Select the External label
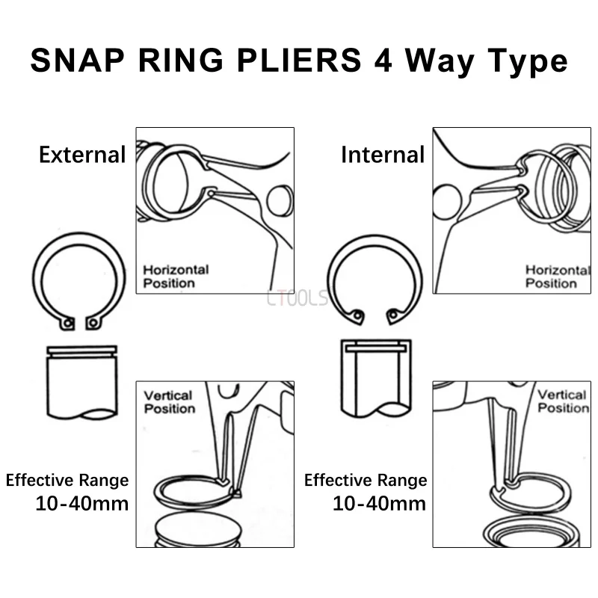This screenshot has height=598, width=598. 82,155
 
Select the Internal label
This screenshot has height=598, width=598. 383,155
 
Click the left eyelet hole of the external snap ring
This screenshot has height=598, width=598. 68,323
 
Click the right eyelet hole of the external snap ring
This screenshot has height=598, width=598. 93,323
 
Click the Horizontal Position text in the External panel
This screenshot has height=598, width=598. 176,276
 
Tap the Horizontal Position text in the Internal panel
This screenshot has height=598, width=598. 557,276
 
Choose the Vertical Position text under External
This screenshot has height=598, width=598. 169,401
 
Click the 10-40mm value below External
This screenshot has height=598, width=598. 81,503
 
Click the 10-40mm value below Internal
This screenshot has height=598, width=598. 379,503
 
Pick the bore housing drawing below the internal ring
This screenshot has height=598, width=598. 375,377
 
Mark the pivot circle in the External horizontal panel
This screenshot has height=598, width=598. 278,200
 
